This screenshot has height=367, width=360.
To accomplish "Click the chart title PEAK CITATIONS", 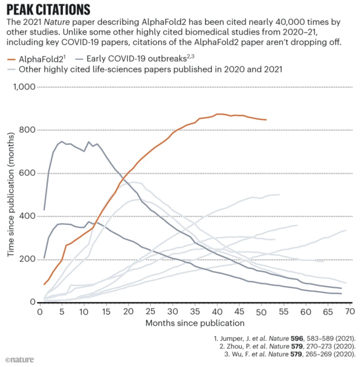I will pyautogui.click(x=48, y=10).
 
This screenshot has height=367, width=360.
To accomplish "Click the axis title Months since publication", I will pyautogui.click(x=195, y=323).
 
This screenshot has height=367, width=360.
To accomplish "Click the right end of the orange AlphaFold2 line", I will pyautogui.click(x=266, y=120).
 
